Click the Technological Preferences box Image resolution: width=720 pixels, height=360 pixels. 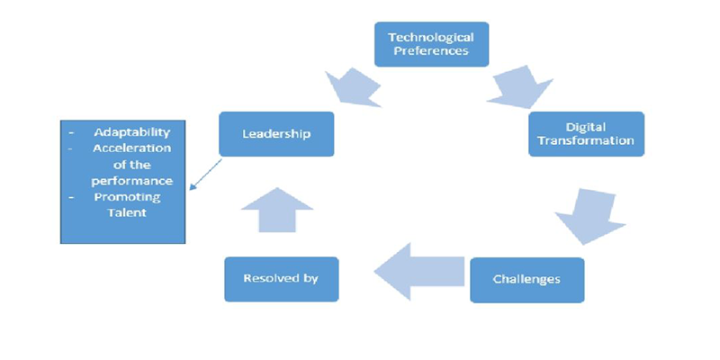[431, 43]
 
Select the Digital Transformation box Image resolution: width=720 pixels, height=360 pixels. [586, 134]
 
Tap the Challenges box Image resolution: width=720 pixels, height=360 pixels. [526, 279]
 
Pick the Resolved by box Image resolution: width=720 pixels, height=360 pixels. [281, 278]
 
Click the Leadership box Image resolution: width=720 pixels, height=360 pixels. [276, 134]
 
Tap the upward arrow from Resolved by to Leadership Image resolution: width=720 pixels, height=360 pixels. [279, 209]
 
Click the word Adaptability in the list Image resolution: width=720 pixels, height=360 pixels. [131, 132]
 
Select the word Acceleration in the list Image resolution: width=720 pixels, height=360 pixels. [131, 148]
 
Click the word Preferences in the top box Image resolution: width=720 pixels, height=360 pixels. [431, 50]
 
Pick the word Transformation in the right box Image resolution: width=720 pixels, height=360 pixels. [586, 141]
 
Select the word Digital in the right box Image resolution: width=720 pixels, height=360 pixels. [586, 127]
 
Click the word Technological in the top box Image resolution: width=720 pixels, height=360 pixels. [431, 37]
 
